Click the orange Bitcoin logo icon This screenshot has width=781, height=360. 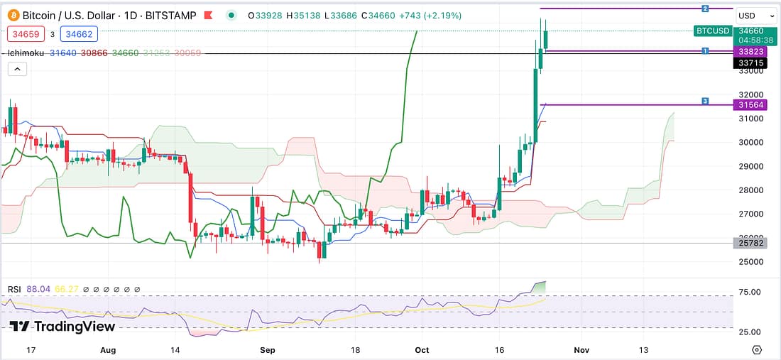click(x=13, y=15)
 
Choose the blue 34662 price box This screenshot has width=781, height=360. click(x=79, y=33)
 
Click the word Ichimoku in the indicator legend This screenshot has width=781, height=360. click(x=26, y=53)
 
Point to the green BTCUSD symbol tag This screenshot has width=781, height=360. click(x=712, y=31)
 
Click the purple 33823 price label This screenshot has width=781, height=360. click(x=750, y=51)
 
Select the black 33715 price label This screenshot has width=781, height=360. click(x=750, y=62)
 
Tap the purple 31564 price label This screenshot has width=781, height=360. click(x=750, y=104)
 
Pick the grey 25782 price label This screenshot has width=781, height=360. click(x=750, y=243)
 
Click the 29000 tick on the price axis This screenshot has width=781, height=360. click(x=750, y=166)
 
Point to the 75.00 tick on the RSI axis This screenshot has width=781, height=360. click(x=750, y=292)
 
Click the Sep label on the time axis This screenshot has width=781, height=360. click(x=267, y=349)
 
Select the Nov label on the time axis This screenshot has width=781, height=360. click(x=581, y=349)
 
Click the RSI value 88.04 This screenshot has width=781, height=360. click(x=36, y=289)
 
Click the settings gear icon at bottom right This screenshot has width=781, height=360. click(x=757, y=349)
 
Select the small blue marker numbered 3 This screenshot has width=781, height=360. click(x=705, y=101)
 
